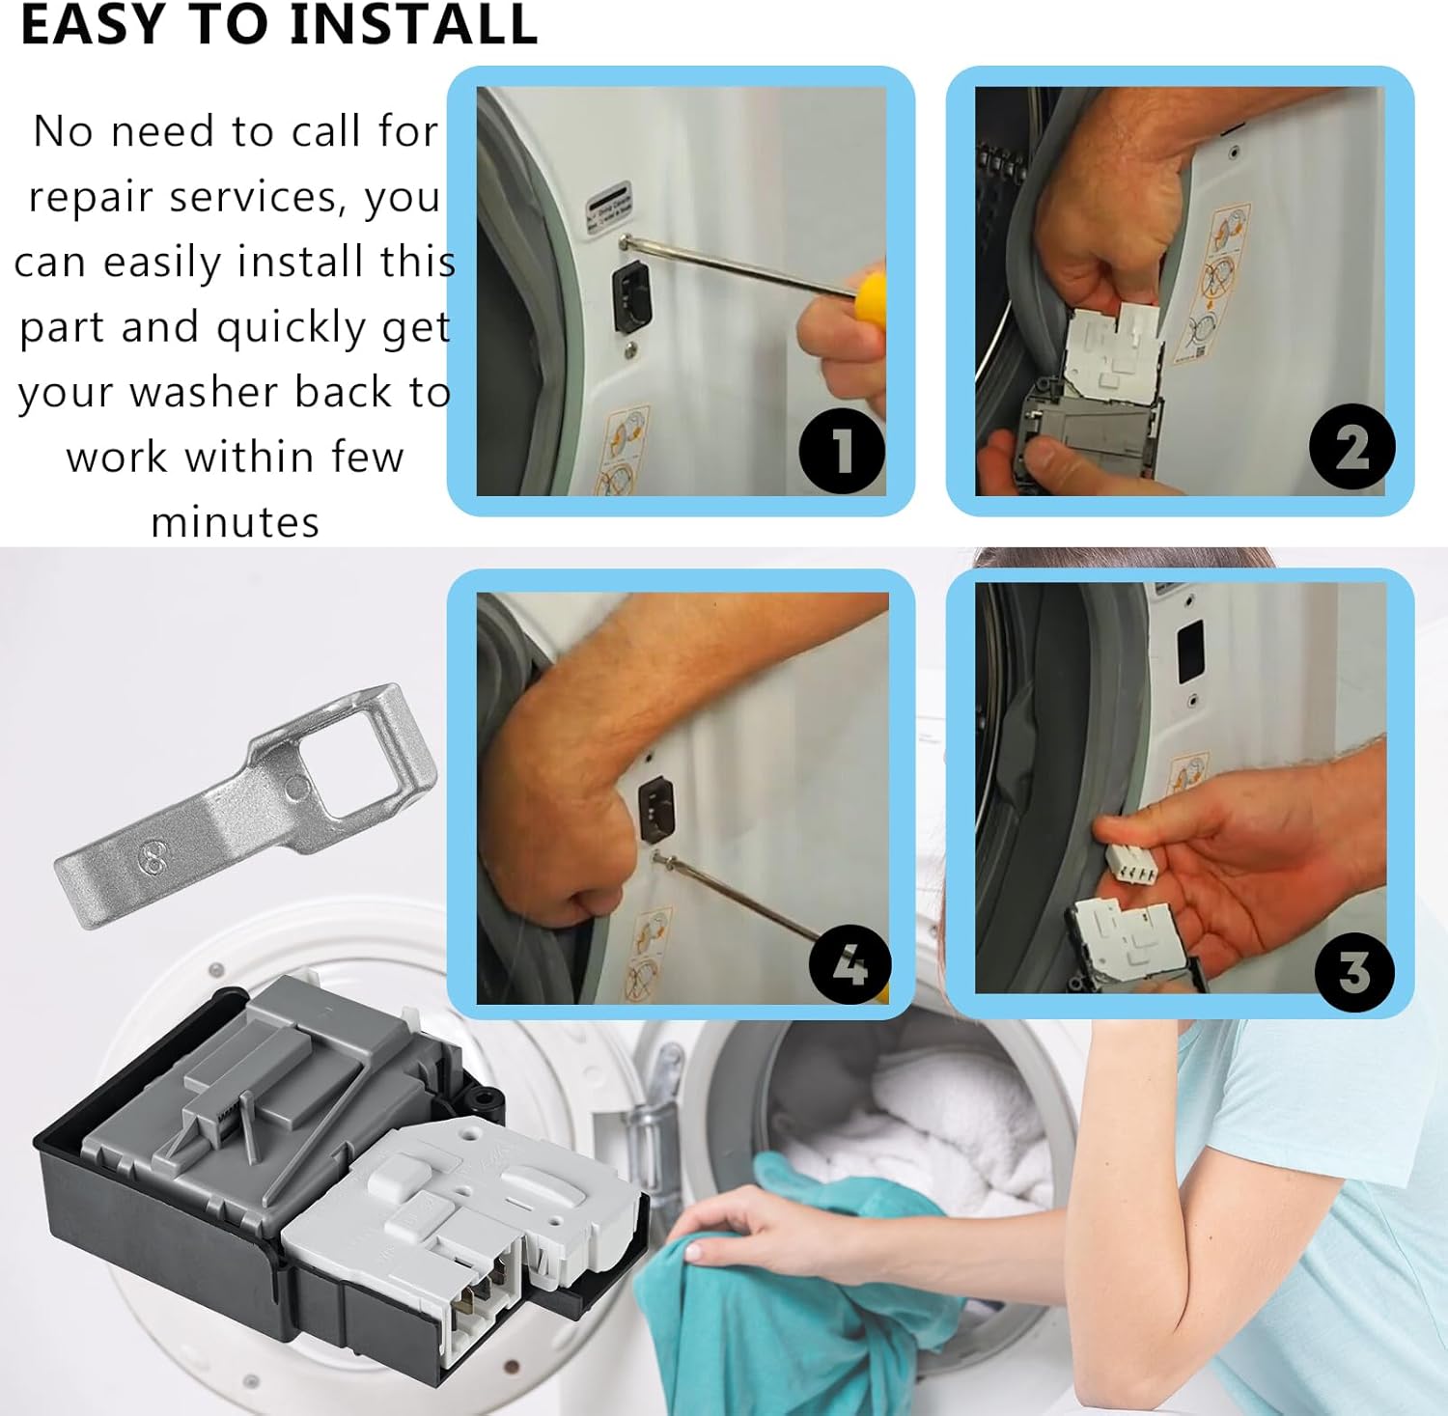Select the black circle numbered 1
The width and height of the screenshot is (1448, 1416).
pyautogui.click(x=842, y=451)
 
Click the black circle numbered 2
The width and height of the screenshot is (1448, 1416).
pyautogui.click(x=1351, y=447)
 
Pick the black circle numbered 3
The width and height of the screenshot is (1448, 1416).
pyautogui.click(x=1354, y=971)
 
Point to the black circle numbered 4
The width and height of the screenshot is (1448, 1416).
pyautogui.click(x=849, y=963)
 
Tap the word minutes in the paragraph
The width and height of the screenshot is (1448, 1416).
pyautogui.click(x=235, y=522)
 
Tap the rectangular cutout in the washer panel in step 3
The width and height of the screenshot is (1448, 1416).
pyautogui.click(x=1190, y=651)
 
